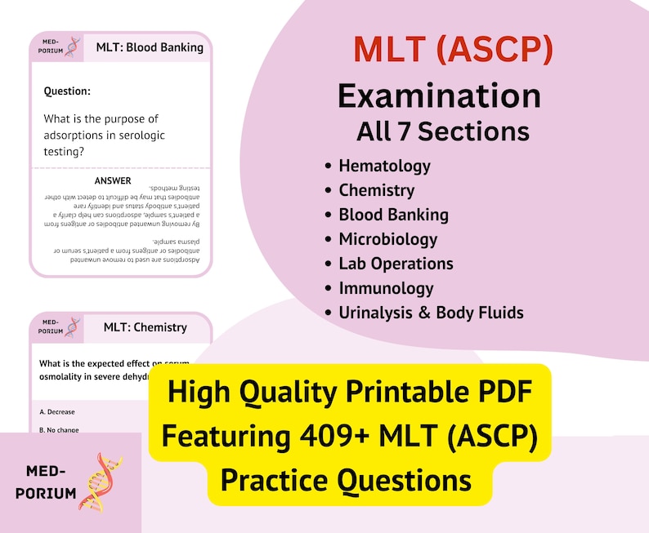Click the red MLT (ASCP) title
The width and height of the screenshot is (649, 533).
tap(453, 51)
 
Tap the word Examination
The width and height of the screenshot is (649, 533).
tap(439, 96)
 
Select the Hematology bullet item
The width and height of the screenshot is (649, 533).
tap(384, 166)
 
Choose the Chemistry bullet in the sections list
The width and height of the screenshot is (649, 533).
tap(376, 190)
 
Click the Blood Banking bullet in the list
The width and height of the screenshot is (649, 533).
tap(393, 215)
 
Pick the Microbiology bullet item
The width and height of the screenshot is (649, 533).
tap(387, 239)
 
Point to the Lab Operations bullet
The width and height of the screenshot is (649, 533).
tap(396, 264)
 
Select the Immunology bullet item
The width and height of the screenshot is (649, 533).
tap(386, 288)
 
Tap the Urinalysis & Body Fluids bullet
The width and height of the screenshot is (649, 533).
tap(431, 313)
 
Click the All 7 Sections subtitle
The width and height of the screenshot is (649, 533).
tap(442, 131)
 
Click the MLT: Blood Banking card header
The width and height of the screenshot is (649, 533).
tap(150, 47)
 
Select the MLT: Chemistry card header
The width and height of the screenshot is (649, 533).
tap(145, 327)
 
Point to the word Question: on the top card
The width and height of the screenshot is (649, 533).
tap(67, 91)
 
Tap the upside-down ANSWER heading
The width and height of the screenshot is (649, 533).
tap(113, 180)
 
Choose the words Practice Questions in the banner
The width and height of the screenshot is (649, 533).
tap(346, 479)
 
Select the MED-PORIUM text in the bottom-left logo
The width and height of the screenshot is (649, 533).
tap(51, 482)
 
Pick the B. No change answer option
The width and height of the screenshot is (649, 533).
tap(59, 429)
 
